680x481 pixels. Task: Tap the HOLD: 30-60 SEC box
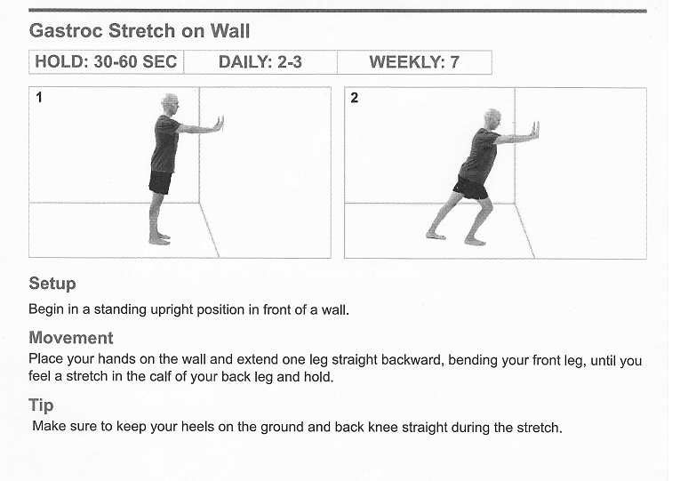coord(107,62)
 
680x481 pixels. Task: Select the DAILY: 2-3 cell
coord(260,62)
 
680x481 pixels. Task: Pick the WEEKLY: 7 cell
coord(414,62)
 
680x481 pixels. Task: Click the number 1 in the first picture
coord(39,98)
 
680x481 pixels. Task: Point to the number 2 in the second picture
coord(355,98)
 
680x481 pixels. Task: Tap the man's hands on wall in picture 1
coord(220,124)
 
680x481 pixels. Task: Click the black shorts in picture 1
coord(160,182)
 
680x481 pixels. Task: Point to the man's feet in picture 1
coord(159,239)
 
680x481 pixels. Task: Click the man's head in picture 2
coord(492,119)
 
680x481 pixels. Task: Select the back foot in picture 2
coord(436,236)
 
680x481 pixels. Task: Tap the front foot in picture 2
coord(476,241)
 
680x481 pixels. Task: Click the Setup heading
coord(52,284)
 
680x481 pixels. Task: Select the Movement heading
coord(71,338)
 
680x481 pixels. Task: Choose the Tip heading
coord(41,405)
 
